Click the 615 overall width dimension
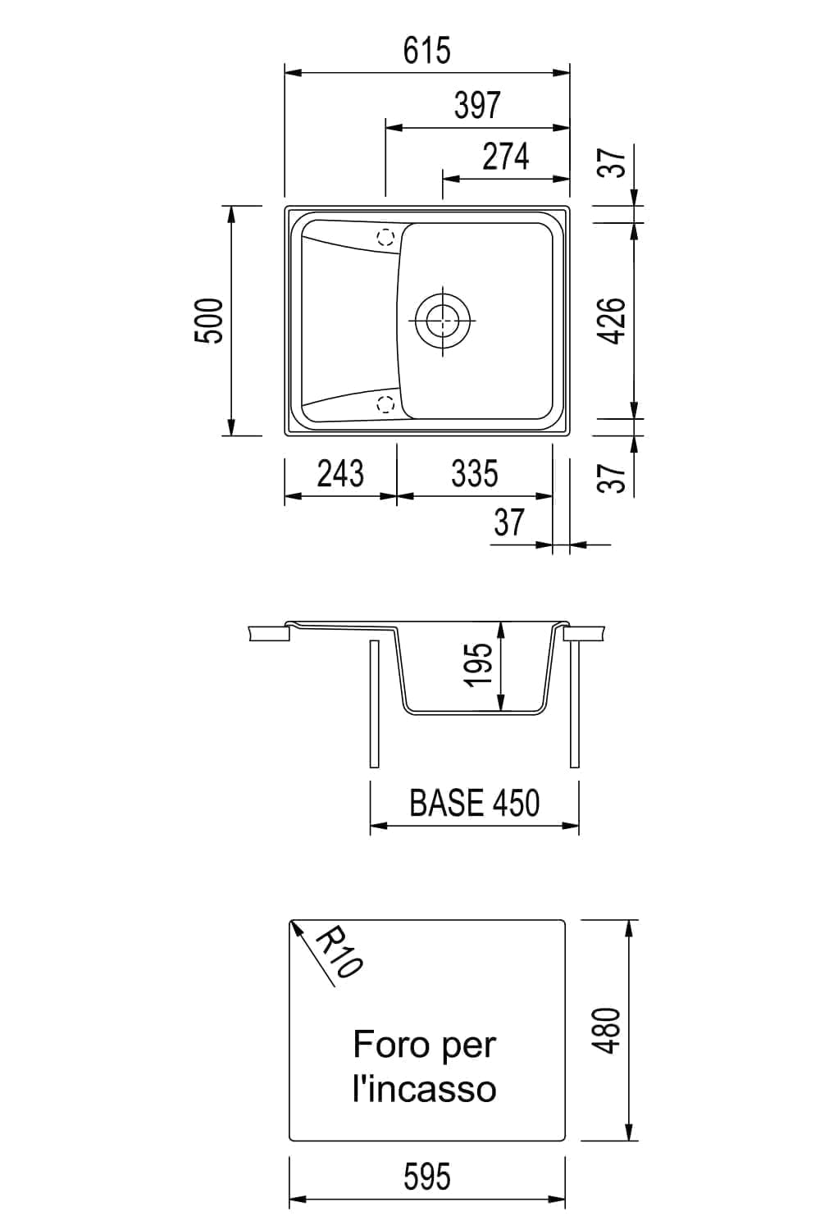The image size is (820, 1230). (x=426, y=51)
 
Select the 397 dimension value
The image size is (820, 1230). (x=477, y=106)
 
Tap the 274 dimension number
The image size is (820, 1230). (x=505, y=157)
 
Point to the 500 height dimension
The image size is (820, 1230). (x=209, y=321)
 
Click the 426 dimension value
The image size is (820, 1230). (x=612, y=321)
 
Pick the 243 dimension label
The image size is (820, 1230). (x=340, y=473)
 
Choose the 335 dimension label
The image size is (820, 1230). (x=475, y=473)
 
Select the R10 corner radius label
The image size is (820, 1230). (x=339, y=951)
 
